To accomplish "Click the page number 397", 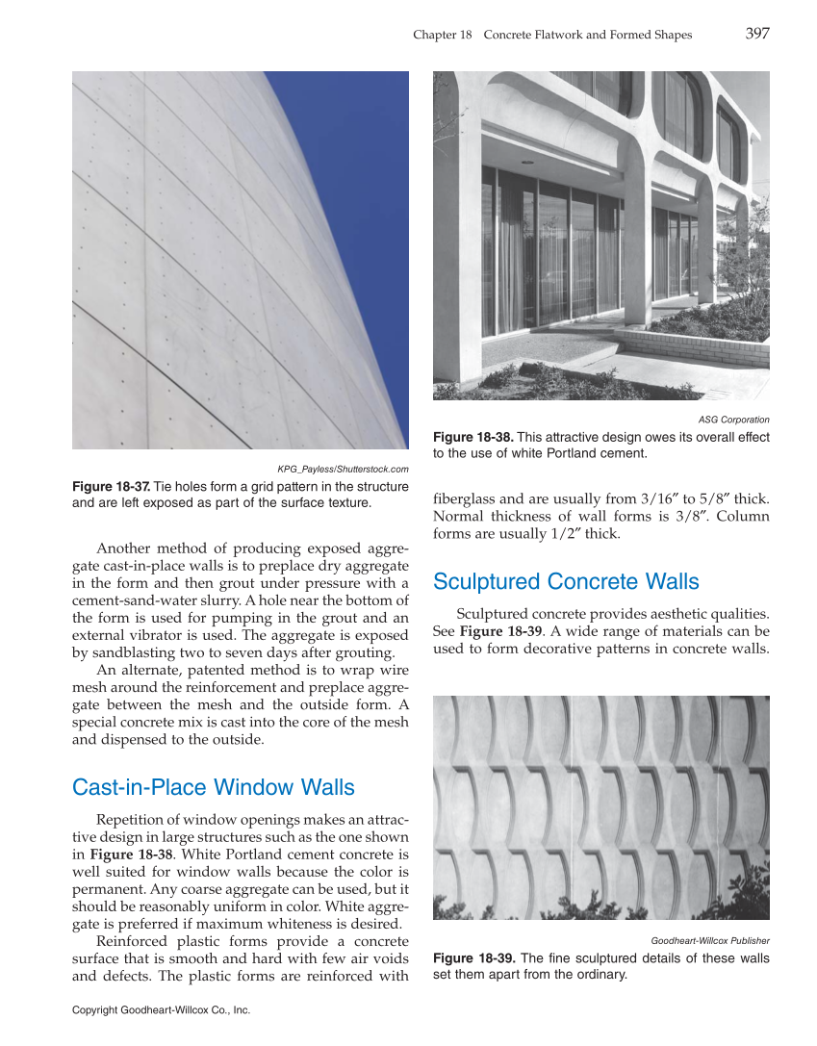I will pos(756,34).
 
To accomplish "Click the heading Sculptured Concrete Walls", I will pos(566,582).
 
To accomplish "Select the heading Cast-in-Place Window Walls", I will pos(214,788).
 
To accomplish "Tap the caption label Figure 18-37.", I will pos(111,487).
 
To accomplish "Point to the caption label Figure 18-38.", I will pos(472,438).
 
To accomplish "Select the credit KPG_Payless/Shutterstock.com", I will pos(343,469).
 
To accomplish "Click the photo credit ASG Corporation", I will pos(733,420).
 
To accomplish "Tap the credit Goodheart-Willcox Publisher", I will pos(709,940).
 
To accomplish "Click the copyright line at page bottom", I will pos(161,1010).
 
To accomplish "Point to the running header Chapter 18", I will pos(442,35).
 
